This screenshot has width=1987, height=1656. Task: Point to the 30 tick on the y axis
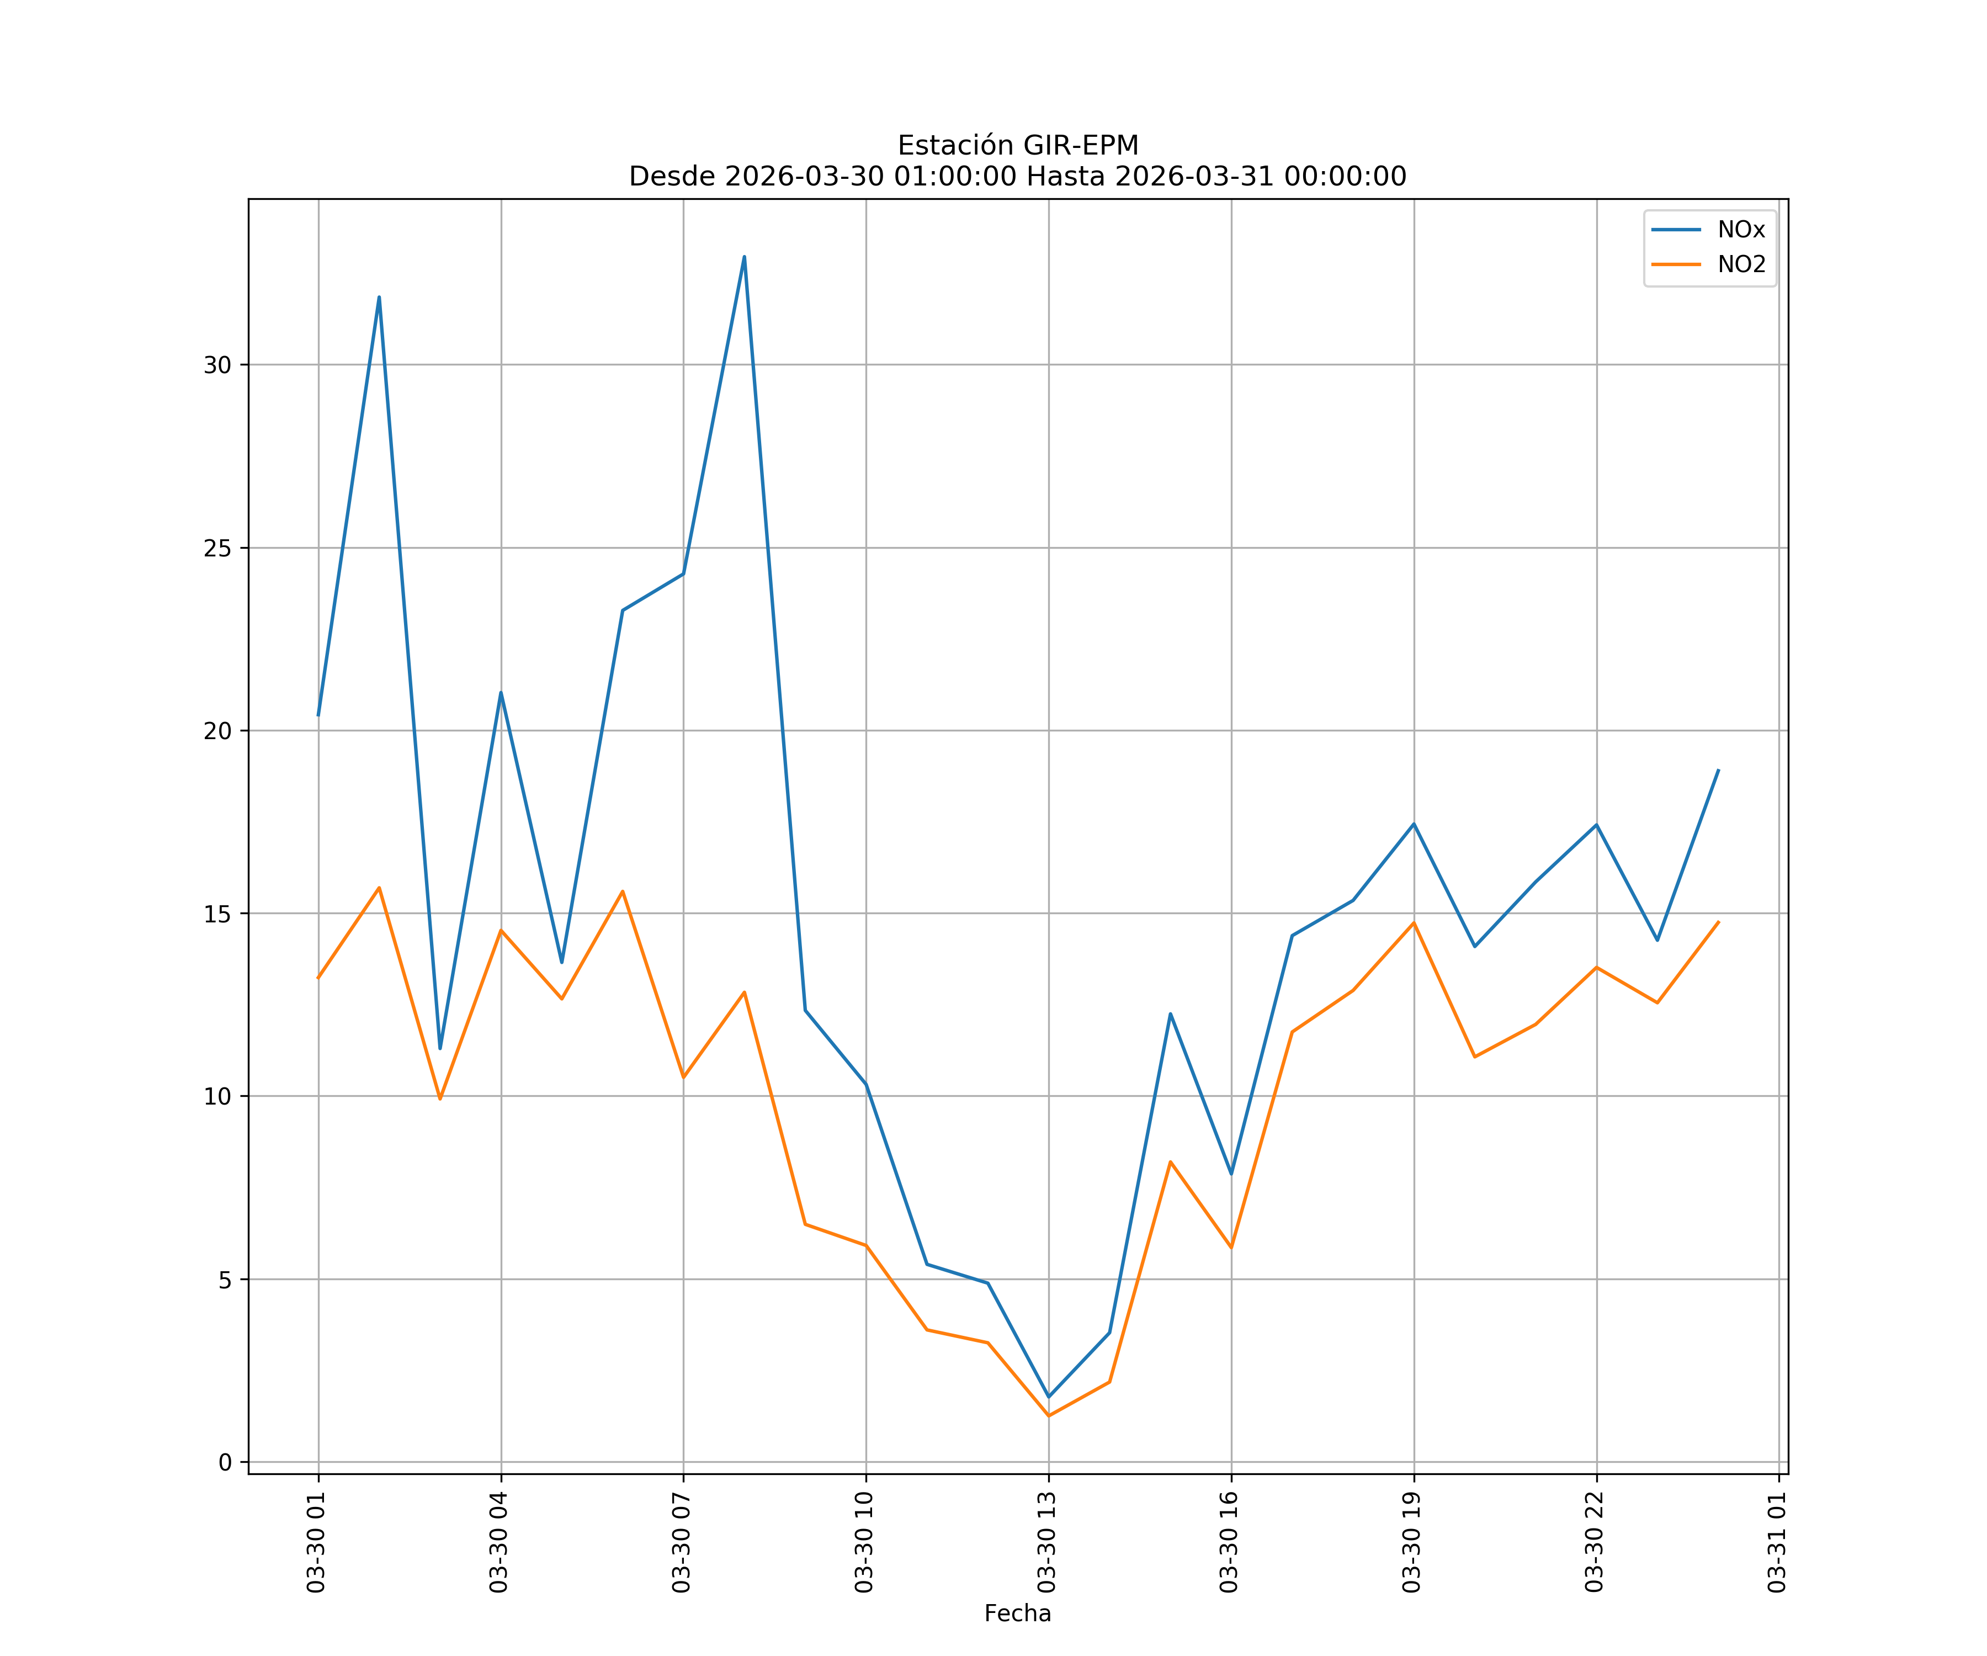[217, 365]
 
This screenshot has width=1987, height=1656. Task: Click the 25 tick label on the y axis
[217, 548]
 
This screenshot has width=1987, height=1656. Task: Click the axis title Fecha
[1017, 1613]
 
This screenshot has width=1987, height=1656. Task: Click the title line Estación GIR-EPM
[1017, 146]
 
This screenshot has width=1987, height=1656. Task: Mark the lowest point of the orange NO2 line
[1048, 1416]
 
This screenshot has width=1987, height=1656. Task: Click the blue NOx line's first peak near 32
[379, 297]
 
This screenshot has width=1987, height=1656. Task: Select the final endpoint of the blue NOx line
[1718, 770]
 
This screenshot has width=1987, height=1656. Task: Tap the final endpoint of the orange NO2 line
[1718, 922]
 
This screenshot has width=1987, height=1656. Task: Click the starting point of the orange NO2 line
[318, 978]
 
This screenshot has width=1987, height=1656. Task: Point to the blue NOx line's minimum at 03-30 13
[1048, 1397]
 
